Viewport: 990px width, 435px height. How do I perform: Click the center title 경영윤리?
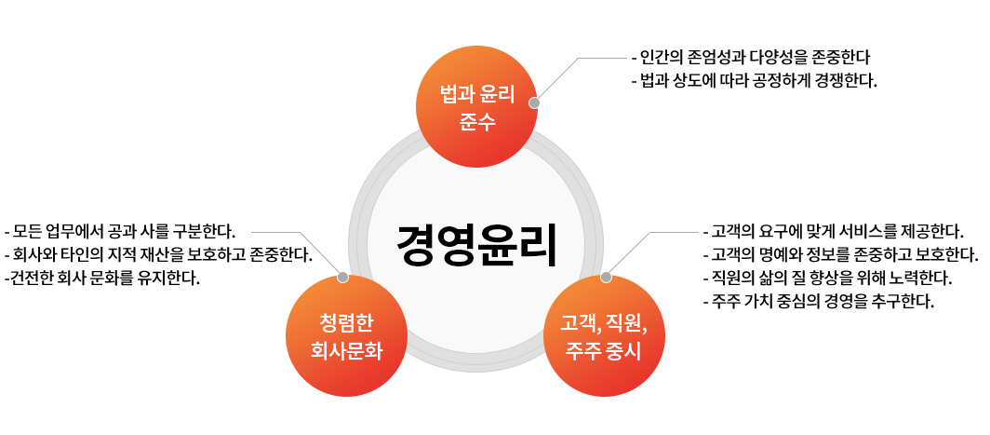click(x=476, y=246)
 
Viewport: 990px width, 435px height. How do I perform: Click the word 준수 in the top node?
click(x=476, y=122)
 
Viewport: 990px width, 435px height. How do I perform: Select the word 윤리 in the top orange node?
click(x=495, y=94)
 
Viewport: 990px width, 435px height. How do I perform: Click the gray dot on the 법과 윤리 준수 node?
click(x=534, y=103)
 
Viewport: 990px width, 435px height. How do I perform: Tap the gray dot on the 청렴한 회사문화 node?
click(x=342, y=278)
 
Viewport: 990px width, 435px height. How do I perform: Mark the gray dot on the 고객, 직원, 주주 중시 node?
click(x=606, y=278)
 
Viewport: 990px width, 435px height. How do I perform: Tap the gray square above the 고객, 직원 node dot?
click(x=628, y=253)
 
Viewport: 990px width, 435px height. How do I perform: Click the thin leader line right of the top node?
click(x=605, y=58)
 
